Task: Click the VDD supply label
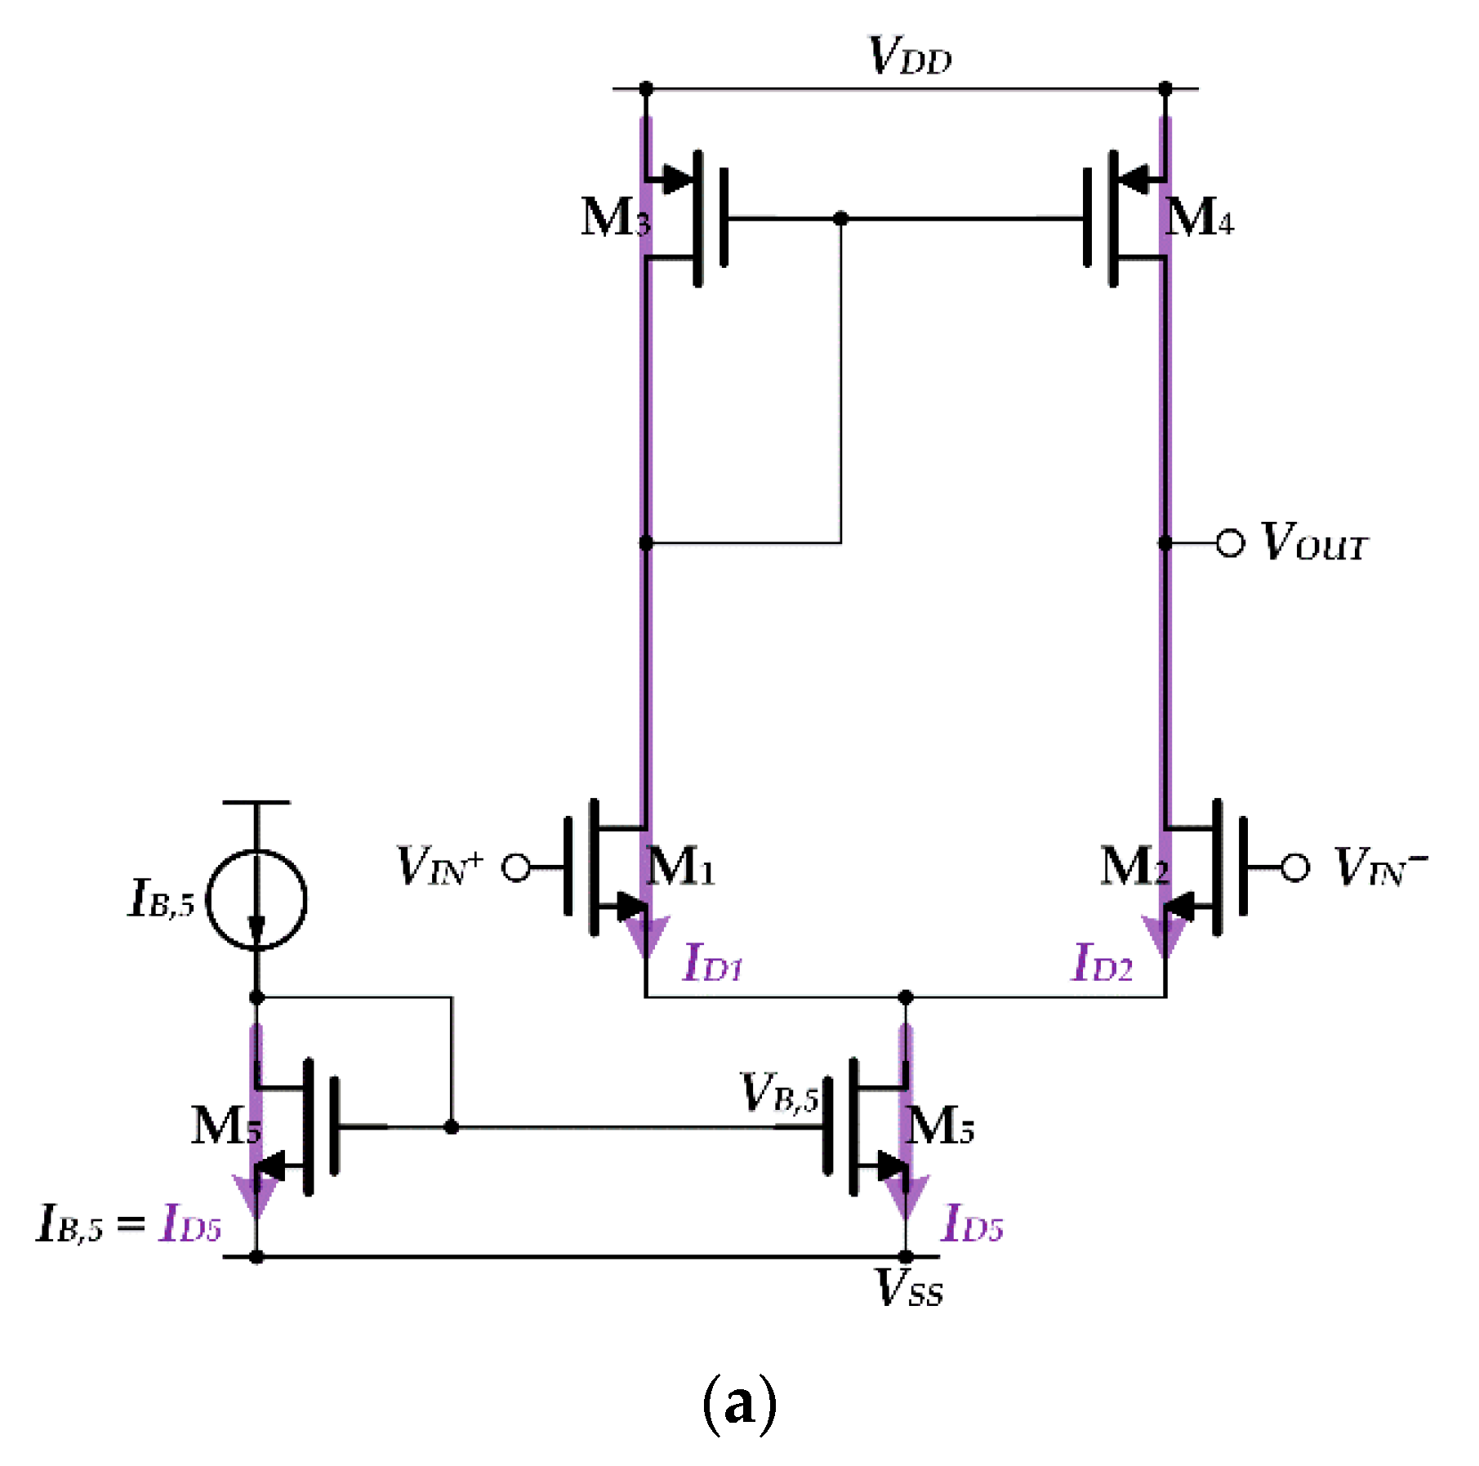pos(910,57)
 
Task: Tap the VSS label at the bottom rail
pos(908,1289)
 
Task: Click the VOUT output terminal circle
pos(1230,543)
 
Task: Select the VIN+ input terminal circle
pos(516,867)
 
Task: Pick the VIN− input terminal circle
pos(1295,867)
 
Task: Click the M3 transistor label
pos(614,218)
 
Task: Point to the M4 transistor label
pos(1199,218)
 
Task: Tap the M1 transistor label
pos(680,867)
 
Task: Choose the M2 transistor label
pos(1134,867)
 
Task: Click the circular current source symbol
pos(256,899)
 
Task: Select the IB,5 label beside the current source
pos(162,899)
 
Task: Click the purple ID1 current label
pos(713,964)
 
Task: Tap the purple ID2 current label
pos(1103,964)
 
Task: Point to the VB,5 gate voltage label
pos(778,1093)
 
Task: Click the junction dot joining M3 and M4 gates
pos(840,219)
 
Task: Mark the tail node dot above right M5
pos(905,997)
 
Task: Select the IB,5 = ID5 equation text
pos(129,1223)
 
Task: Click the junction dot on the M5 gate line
pos(451,1127)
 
